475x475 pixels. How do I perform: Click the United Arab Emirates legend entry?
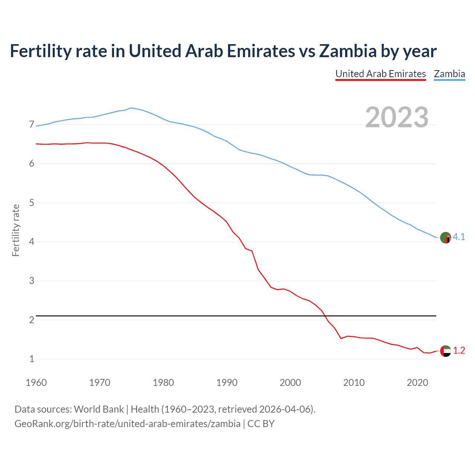tap(380, 74)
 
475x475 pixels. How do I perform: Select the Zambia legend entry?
tap(449, 74)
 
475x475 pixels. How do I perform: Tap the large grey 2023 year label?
tap(397, 117)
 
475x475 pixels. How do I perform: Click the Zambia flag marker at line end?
tap(445, 237)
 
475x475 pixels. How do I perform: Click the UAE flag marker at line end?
tap(445, 351)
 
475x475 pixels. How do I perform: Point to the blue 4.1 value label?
tap(459, 237)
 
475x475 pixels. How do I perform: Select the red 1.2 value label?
tap(459, 351)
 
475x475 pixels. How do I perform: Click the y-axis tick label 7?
tap(32, 125)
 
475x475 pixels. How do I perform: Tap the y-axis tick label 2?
tap(32, 320)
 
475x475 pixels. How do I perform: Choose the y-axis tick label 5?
tap(32, 203)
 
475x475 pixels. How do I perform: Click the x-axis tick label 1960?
tap(36, 383)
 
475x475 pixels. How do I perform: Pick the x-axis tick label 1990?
tap(227, 383)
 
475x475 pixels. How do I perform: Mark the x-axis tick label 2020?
tap(417, 383)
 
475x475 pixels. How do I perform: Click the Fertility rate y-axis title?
tap(16, 230)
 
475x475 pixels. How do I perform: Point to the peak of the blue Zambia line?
tap(131, 108)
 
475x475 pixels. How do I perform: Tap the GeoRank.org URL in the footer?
tap(127, 424)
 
